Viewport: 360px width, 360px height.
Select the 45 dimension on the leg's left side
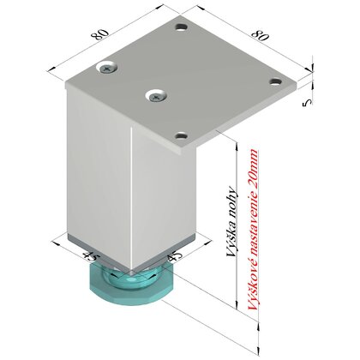(87, 251)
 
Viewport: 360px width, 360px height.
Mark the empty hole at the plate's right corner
(275, 82)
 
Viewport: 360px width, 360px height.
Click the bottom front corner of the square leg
(137, 263)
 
